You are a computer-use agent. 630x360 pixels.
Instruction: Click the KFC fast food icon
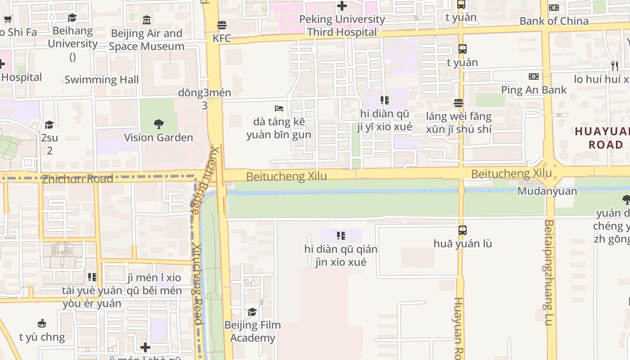pos(222,25)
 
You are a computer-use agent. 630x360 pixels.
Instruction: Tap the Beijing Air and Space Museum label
pos(146,40)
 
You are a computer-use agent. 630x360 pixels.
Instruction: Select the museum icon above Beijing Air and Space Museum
pos(146,20)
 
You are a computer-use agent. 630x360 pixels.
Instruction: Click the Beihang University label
pos(72,37)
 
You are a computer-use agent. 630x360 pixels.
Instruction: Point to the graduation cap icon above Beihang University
pos(72,18)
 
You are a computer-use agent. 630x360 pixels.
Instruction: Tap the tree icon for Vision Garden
pos(158,124)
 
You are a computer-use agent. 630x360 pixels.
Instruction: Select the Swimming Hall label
pos(101,80)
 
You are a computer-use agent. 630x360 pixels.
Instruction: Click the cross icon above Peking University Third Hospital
pos(342,6)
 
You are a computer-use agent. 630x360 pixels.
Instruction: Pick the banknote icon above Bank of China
pos(554,8)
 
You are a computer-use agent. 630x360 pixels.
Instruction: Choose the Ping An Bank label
pos(534,90)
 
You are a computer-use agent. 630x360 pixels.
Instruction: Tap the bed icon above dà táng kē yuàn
pos(279,108)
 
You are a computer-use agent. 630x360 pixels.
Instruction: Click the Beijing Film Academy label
pos(252,331)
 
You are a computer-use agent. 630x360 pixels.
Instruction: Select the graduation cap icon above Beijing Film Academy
pos(252,312)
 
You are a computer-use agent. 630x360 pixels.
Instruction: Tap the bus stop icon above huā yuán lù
pos(462,230)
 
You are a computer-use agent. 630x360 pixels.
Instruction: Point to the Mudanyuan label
pos(547,191)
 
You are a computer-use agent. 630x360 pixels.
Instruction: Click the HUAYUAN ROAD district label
pos(603,138)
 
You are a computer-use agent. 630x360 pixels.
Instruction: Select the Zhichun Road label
pos(77,179)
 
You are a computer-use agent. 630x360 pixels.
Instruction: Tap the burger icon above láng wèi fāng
pos(459,103)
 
